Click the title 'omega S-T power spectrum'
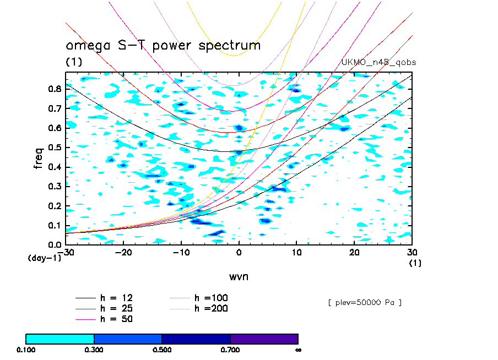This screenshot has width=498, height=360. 163,46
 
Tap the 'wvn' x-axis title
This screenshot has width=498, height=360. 239,276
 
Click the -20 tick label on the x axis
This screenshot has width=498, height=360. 123,252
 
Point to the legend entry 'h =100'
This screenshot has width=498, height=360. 211,298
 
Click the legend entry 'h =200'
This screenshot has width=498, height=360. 211,308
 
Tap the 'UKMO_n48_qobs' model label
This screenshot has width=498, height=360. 379,63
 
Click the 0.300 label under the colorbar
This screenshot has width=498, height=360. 94,350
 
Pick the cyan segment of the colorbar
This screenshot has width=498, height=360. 60,339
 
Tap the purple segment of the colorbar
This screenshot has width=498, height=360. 264,339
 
